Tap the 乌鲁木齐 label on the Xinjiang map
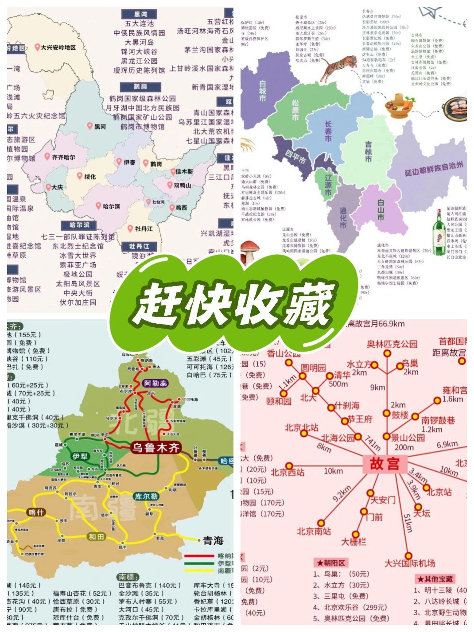pyautogui.click(x=155, y=447)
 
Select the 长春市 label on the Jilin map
pyautogui.click(x=328, y=131)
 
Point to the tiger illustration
pyautogui.click(x=338, y=67)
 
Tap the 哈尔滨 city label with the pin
pyautogui.click(x=111, y=206)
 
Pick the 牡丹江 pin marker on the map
pyautogui.click(x=130, y=229)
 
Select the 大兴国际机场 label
pyautogui.click(x=409, y=563)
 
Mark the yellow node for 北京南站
pyautogui.click(x=321, y=523)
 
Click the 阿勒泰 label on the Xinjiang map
pyautogui.click(x=155, y=384)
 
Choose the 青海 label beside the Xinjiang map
pyautogui.click(x=213, y=541)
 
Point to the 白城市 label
pyautogui.click(x=263, y=91)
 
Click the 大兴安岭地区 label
pyautogui.click(x=58, y=47)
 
